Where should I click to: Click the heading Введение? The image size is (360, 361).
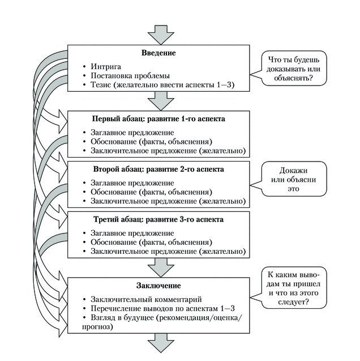(x=158, y=53)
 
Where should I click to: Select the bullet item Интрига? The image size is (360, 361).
(x=105, y=66)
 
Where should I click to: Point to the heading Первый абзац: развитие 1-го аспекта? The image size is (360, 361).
(x=158, y=120)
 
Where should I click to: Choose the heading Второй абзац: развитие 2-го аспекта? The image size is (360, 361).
(x=158, y=169)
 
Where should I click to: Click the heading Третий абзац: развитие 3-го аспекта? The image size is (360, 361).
(x=158, y=219)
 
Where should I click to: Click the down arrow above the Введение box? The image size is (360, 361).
(x=158, y=33)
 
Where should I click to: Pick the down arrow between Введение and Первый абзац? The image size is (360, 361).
(x=158, y=101)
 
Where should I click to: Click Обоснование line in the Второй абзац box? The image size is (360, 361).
(x=151, y=192)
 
